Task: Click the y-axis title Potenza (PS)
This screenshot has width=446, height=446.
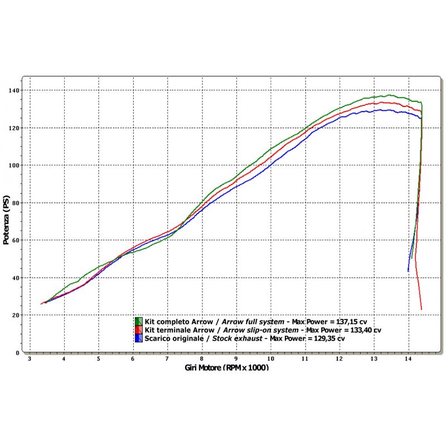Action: point(6,221)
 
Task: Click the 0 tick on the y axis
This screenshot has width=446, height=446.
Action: point(18,353)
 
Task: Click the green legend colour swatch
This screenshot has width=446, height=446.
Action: point(139,322)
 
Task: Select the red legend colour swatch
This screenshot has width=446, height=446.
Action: point(139,330)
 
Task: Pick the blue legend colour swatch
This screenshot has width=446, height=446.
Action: point(139,338)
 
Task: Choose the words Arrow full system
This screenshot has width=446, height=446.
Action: point(251,322)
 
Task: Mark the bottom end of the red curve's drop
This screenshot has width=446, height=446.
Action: point(421,309)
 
